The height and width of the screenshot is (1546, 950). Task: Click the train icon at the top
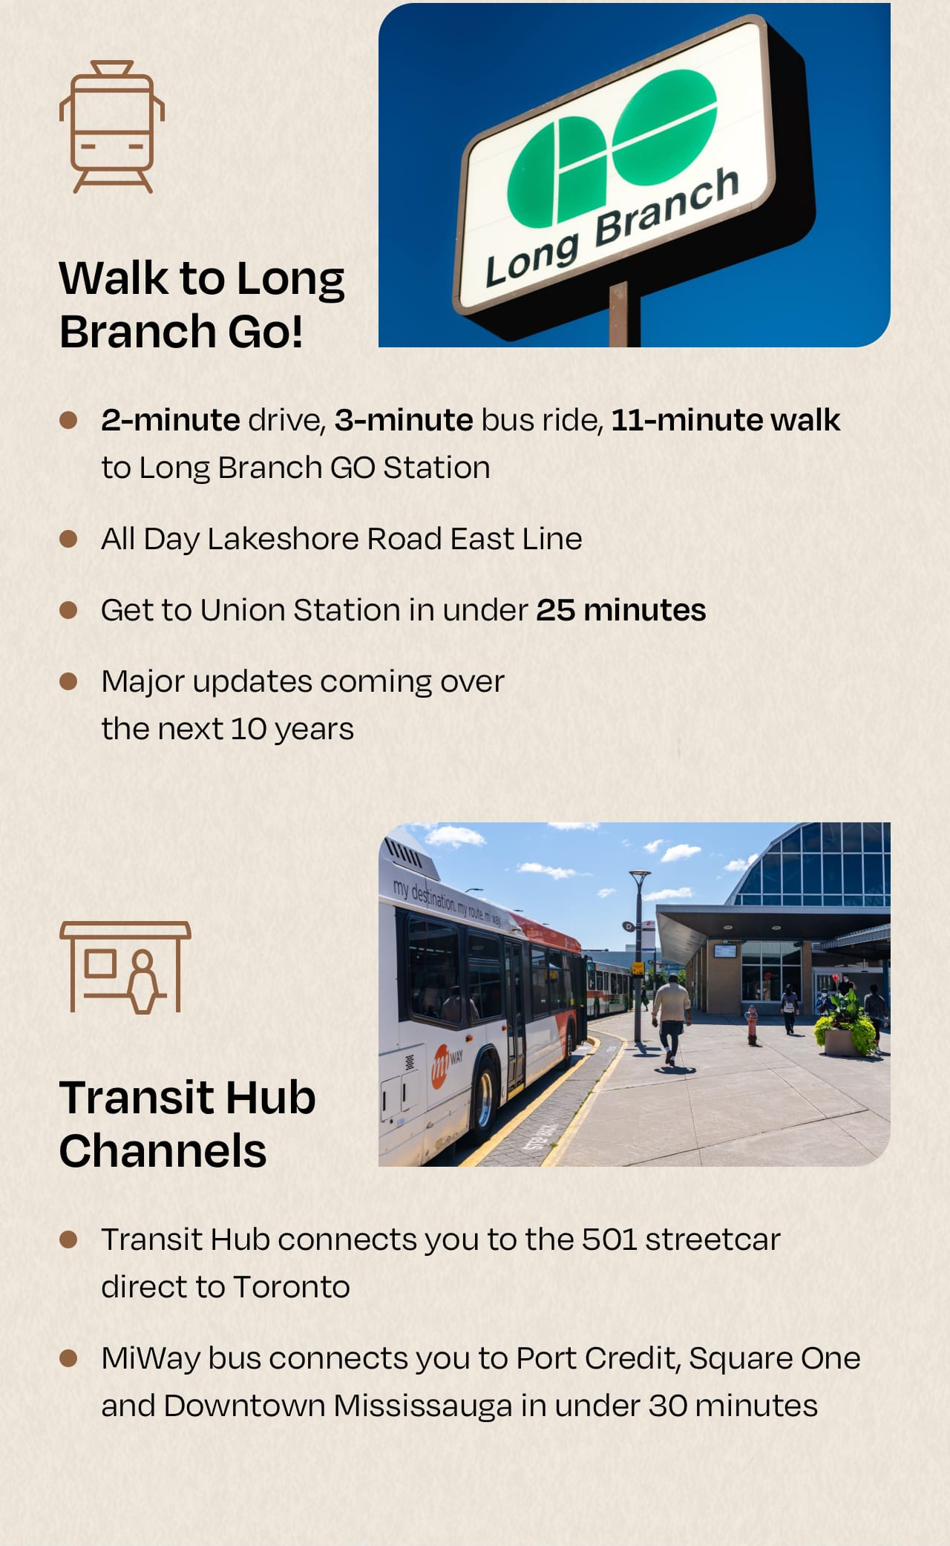[111, 126]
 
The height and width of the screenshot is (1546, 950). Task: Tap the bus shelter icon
[125, 967]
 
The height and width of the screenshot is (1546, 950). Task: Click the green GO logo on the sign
[612, 148]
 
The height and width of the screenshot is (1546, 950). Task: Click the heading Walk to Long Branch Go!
[201, 304]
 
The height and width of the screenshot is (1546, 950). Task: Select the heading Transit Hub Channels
[187, 1124]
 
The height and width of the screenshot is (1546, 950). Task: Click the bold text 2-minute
[171, 420]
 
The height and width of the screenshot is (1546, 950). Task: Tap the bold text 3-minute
[404, 420]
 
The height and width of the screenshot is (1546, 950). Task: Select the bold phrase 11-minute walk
[726, 420]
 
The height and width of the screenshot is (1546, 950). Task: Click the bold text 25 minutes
[621, 610]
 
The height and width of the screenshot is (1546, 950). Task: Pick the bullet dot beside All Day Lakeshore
[68, 539]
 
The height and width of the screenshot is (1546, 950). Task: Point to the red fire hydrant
[752, 1025]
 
